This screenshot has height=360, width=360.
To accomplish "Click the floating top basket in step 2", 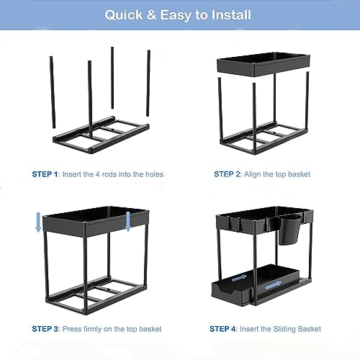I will coord(264,66).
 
